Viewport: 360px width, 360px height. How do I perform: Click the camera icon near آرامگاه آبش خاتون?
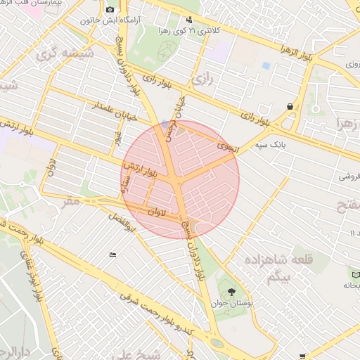[110, 9]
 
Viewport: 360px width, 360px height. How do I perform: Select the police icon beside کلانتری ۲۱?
[188, 20]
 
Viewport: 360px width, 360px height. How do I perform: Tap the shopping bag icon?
[289, 106]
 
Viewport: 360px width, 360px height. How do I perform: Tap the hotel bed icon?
[112, 255]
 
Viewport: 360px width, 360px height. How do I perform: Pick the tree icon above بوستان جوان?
[231, 291]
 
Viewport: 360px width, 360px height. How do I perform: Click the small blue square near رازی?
[266, 65]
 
